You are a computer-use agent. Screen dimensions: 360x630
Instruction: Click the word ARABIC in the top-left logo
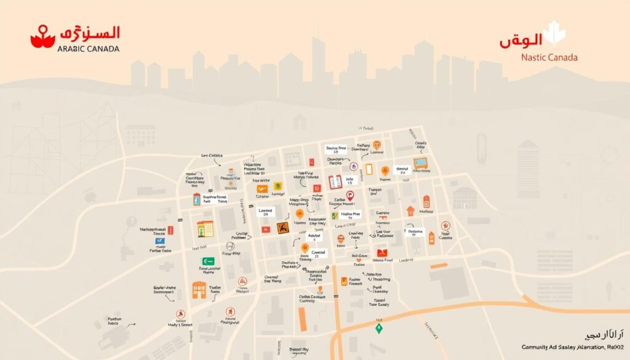tap(73, 49)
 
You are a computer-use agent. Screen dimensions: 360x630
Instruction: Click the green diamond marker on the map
tap(379, 328)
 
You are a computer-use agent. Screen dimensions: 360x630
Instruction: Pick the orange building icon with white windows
tap(199, 290)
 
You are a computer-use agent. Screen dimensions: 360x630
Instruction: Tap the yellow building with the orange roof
tap(205, 228)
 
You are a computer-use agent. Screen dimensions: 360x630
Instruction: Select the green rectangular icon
tap(208, 261)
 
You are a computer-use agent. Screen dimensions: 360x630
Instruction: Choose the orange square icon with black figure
tap(284, 228)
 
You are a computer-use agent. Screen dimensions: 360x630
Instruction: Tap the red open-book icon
tap(335, 182)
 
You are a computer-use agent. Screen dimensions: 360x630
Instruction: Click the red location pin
tap(351, 196)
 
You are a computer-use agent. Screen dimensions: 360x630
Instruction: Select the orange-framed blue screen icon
tap(421, 163)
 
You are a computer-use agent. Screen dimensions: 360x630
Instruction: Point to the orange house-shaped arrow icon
tap(410, 211)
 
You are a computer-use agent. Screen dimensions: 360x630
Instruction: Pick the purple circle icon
tap(353, 166)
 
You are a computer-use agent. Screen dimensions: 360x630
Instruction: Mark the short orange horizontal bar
tap(439, 266)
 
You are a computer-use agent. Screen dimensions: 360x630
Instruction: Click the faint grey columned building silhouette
tap(465, 198)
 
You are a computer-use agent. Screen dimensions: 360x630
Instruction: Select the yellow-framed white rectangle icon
tap(369, 169)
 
